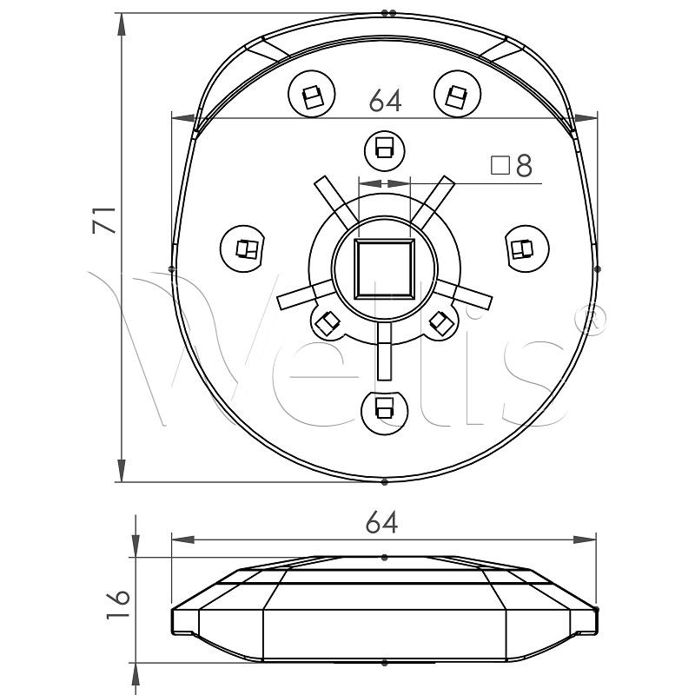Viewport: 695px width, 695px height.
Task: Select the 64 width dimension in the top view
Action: [x=385, y=101]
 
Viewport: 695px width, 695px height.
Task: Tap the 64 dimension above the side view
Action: [x=381, y=523]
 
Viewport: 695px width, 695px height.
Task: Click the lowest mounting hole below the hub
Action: [x=383, y=407]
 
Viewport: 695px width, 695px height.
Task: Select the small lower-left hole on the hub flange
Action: [x=328, y=323]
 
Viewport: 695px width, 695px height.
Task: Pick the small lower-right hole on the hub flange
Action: [x=440, y=323]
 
